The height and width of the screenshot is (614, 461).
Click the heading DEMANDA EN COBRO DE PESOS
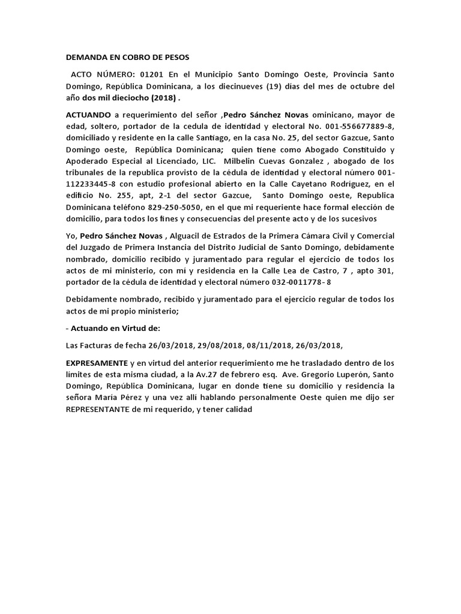point(127,58)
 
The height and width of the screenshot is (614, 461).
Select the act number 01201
point(151,74)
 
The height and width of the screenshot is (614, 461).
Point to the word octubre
point(363,86)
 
